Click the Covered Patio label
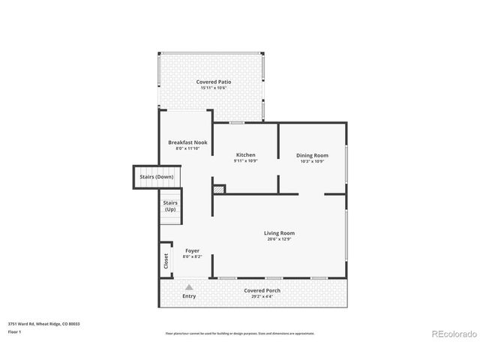[214, 81]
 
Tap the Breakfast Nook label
[187, 142]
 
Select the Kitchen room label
[245, 154]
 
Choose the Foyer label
[192, 250]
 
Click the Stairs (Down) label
[156, 177]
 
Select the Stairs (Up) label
[170, 205]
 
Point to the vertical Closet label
[166, 260]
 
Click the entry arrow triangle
[189, 286]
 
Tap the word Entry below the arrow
[189, 296]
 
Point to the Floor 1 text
[14, 331]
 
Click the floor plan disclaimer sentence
[240, 333]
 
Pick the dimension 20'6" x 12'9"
[279, 238]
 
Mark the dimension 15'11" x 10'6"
[214, 88]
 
